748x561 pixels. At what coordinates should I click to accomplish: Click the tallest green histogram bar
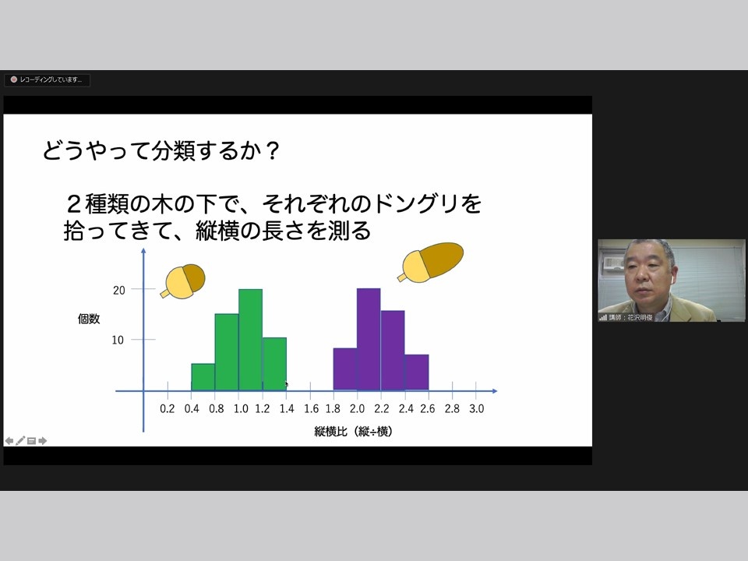pos(250,340)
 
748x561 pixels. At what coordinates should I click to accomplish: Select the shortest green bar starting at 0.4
pos(203,377)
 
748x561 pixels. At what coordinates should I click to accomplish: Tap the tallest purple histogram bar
pos(369,339)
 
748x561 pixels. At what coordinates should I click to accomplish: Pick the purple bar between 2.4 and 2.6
pos(417,372)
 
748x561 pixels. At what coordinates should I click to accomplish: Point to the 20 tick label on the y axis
pos(118,290)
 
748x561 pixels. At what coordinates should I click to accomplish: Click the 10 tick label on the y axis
pos(118,340)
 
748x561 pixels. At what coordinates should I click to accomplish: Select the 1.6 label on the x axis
pos(311,409)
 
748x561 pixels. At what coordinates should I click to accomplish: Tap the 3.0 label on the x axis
pos(477,409)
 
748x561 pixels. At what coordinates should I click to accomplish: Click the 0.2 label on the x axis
pos(168,409)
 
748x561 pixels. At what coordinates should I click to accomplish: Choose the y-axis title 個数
pos(89,319)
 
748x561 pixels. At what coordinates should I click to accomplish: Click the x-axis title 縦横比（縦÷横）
pos(354,432)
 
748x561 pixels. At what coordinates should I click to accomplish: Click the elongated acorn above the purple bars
pos(430,263)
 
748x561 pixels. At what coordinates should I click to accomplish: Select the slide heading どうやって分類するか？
pos(161,150)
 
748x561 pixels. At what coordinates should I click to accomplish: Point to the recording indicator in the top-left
pos(47,79)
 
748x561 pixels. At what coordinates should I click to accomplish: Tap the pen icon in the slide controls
pos(20,441)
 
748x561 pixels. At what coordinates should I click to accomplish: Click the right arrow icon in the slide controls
pos(42,441)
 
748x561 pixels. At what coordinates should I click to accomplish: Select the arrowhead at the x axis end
pos(495,391)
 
